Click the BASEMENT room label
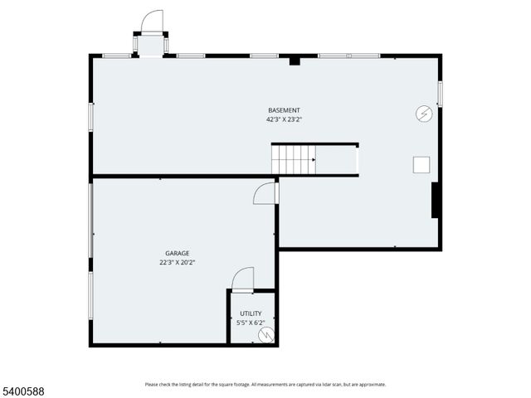[284, 110]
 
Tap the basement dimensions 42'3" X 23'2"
[284, 119]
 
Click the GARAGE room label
[177, 253]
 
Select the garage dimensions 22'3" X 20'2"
[177, 262]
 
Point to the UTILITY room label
[251, 313]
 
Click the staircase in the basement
[295, 159]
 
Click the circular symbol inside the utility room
[265, 335]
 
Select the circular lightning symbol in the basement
[423, 114]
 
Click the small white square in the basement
[421, 164]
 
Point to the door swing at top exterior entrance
[152, 22]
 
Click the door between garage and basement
[265, 193]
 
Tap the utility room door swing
[242, 279]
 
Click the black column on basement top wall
[295, 60]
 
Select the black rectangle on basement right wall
[435, 200]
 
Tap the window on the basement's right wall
[440, 93]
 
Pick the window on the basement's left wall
[91, 115]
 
